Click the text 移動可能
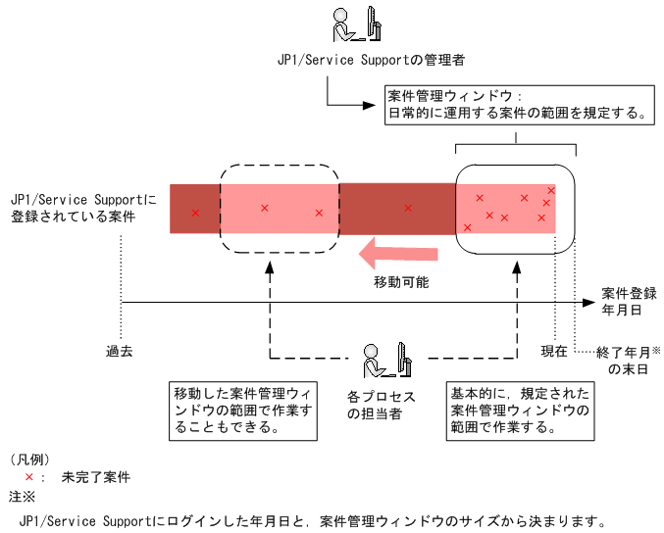click(x=400, y=282)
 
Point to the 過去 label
click(x=121, y=350)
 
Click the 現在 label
click(x=554, y=350)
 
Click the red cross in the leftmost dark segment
click(x=195, y=213)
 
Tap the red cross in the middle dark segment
click(x=408, y=208)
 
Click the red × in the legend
click(x=29, y=476)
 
